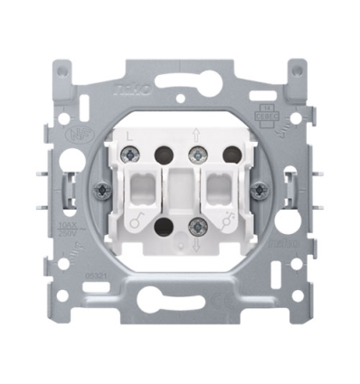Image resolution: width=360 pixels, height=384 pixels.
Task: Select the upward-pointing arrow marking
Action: tap(194, 136)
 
